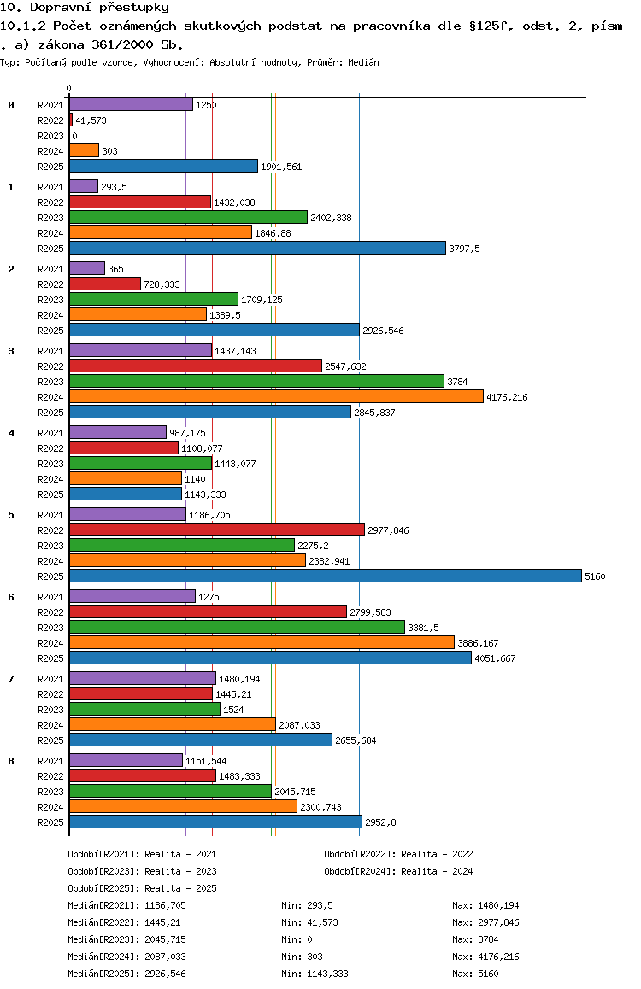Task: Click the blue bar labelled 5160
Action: tap(326, 576)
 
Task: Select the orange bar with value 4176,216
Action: tap(276, 397)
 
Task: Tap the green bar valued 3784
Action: tap(256, 381)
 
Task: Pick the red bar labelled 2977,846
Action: tap(217, 530)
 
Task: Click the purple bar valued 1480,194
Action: tap(143, 678)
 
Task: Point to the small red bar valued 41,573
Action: tap(71, 120)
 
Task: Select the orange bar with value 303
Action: tap(84, 151)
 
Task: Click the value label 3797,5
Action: tap(464, 249)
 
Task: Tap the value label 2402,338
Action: tap(332, 218)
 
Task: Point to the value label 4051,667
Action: tap(495, 658)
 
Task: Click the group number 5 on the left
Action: tap(11, 515)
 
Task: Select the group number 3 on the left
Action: tap(11, 351)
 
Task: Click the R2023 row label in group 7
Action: tap(50, 710)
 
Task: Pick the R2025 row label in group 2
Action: tap(50, 331)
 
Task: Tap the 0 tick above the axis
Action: tap(68, 88)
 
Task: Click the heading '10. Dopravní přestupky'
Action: tap(85, 8)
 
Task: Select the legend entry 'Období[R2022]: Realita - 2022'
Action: tap(399, 854)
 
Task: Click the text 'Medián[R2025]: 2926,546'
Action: tap(126, 974)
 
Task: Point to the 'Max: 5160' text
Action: tap(475, 974)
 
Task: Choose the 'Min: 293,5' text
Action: tap(307, 905)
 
